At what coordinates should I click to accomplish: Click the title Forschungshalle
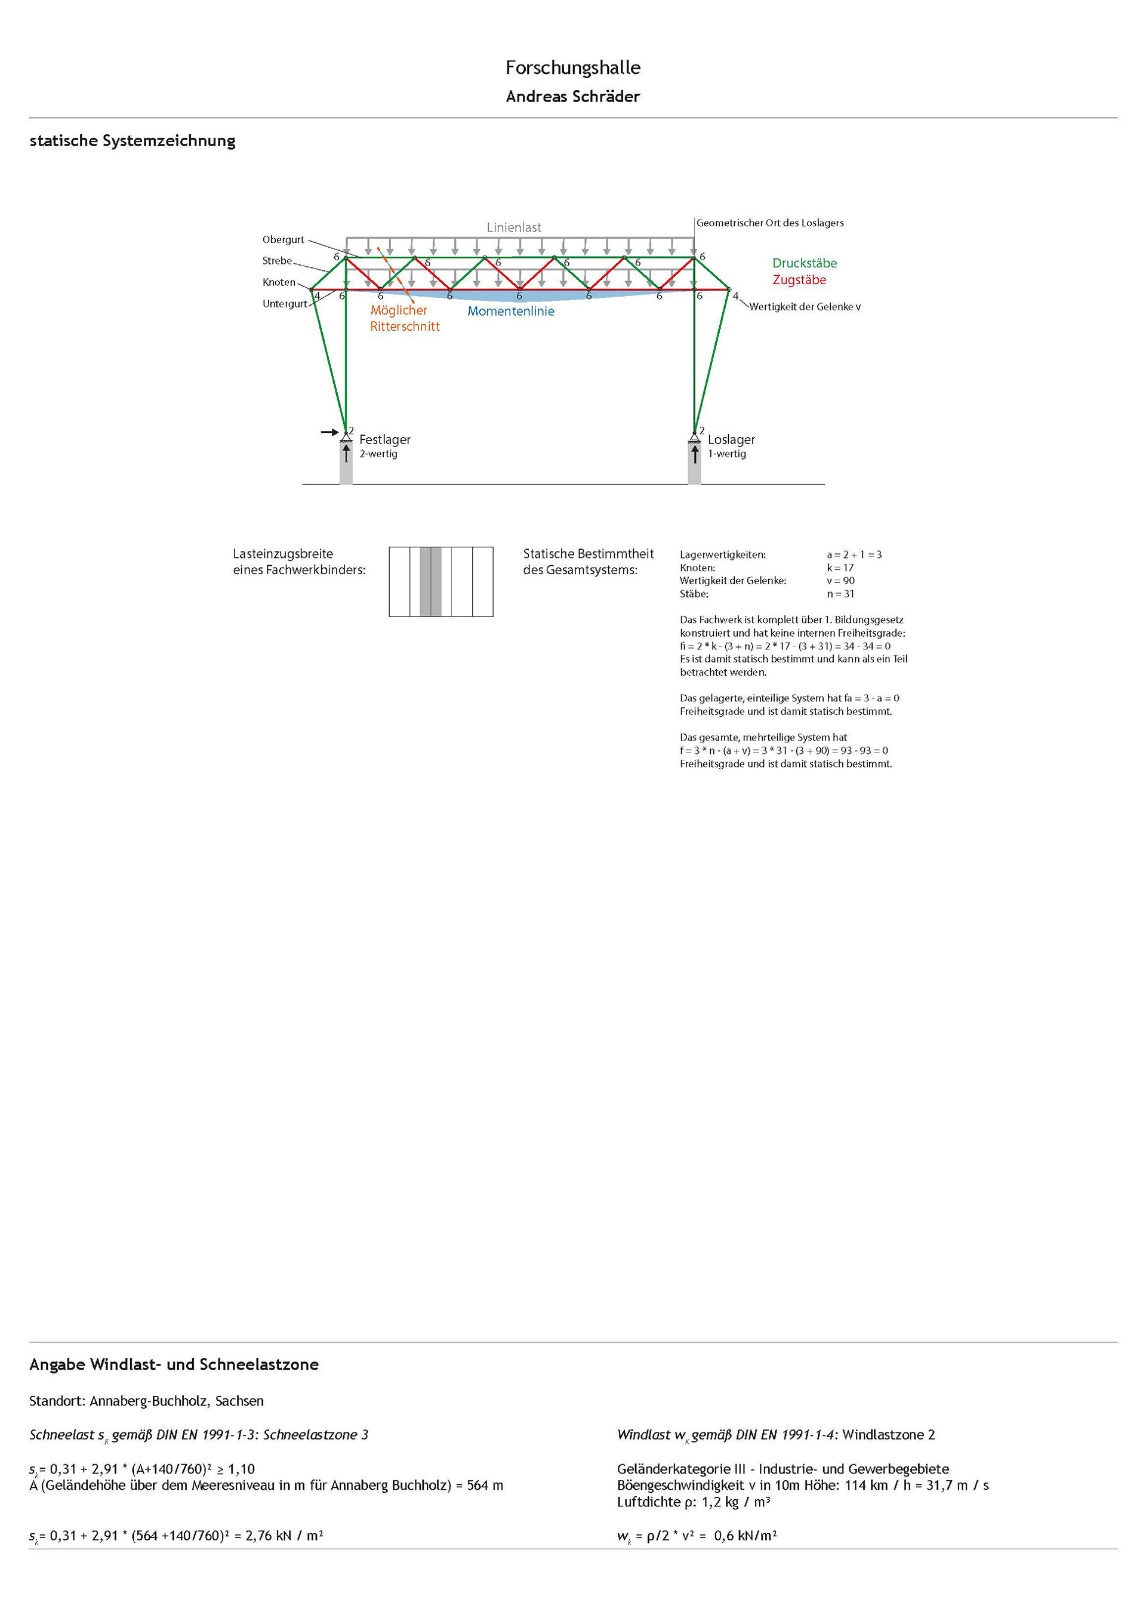click(x=572, y=68)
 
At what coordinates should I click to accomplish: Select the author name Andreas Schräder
click(x=572, y=97)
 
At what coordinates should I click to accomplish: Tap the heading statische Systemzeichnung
click(x=133, y=140)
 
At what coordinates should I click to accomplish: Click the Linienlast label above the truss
click(x=513, y=227)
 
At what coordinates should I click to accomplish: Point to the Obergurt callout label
click(x=283, y=239)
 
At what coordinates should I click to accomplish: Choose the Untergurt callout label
click(x=285, y=304)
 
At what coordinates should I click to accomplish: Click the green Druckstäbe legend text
click(x=804, y=263)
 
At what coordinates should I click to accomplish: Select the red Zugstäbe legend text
click(x=799, y=279)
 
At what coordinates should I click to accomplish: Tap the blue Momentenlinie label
click(x=510, y=312)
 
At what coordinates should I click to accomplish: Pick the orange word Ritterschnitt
click(x=405, y=326)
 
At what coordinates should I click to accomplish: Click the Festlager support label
click(x=385, y=439)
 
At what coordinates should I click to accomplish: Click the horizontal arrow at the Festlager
click(x=329, y=432)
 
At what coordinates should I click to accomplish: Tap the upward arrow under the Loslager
click(x=695, y=454)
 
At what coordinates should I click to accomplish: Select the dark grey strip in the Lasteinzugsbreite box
click(x=425, y=581)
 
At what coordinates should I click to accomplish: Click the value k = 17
click(x=840, y=568)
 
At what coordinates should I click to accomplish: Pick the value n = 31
click(x=840, y=594)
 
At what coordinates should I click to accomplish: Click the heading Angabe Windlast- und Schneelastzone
click(x=174, y=1364)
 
